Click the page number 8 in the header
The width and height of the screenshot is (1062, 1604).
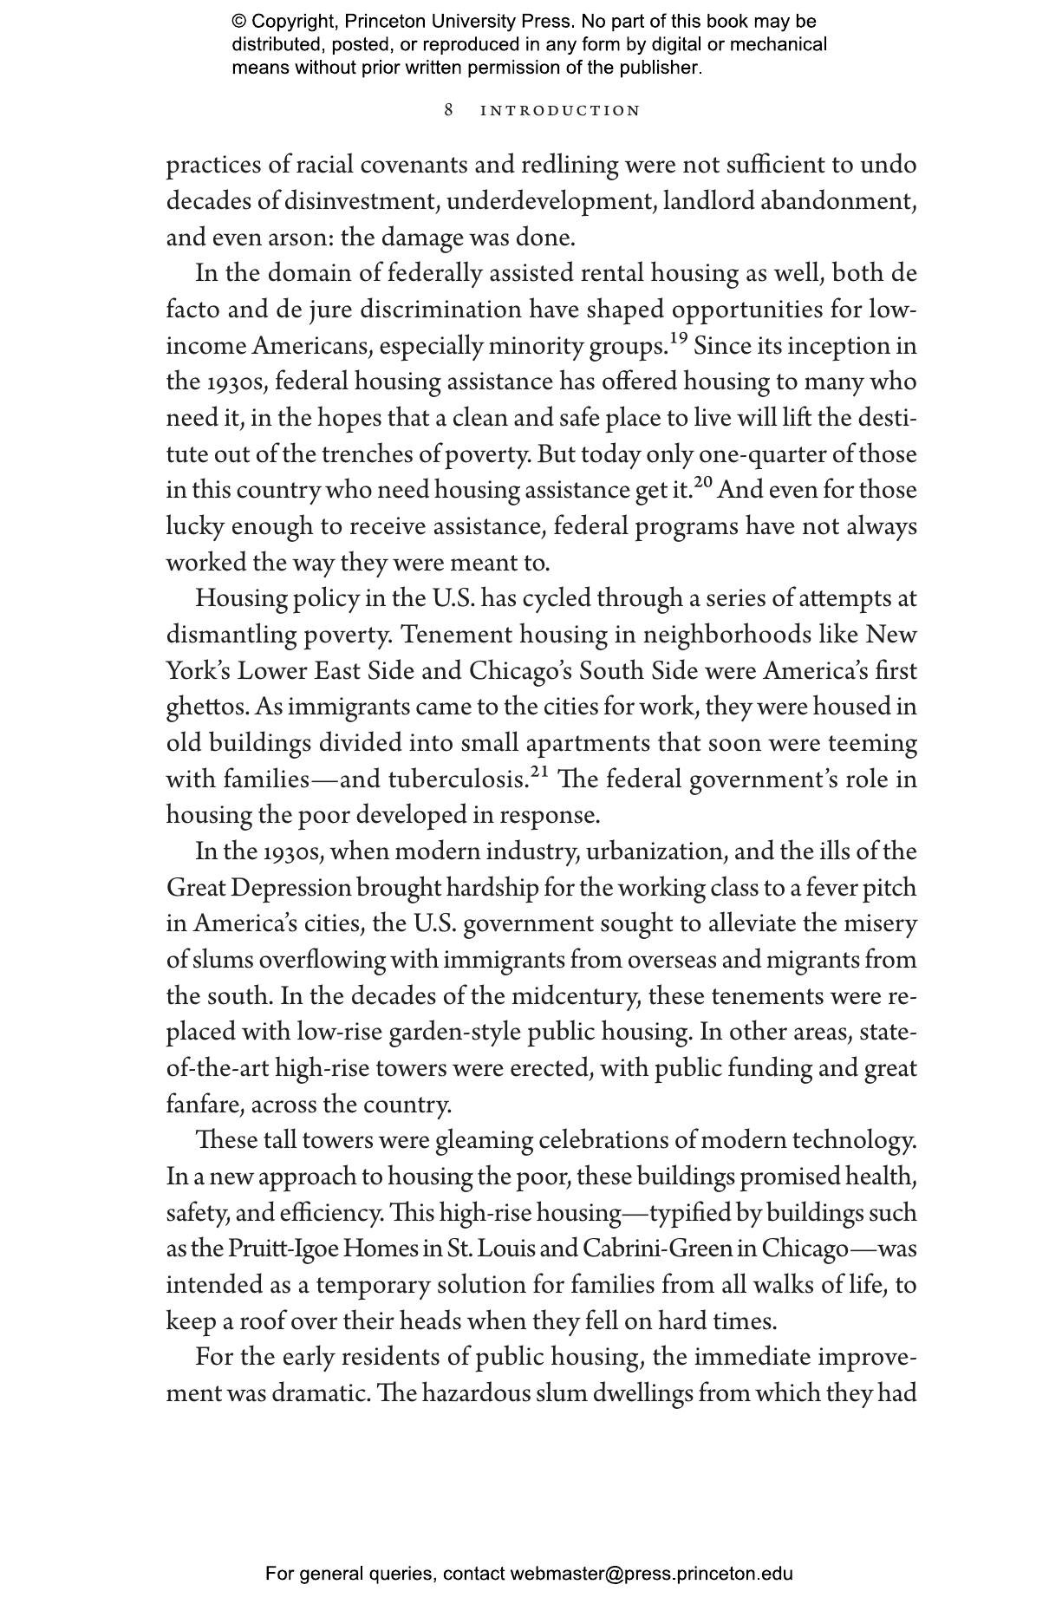[448, 110]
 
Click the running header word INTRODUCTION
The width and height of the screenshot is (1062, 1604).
[560, 111]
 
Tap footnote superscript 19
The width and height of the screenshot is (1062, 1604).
[679, 338]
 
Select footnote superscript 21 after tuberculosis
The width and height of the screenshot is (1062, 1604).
[540, 772]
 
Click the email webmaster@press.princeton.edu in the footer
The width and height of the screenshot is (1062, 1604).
[651, 1574]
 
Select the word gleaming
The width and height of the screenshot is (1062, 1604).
[483, 1141]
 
